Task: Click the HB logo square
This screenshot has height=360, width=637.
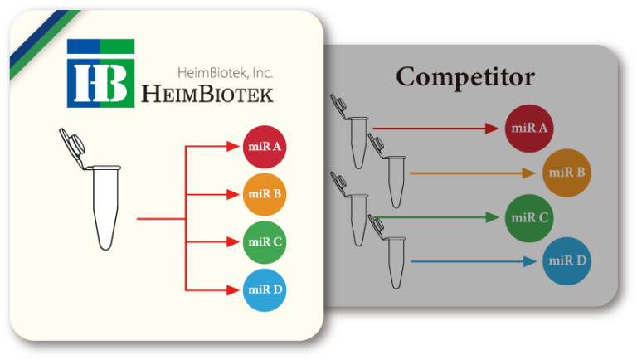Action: click(100, 73)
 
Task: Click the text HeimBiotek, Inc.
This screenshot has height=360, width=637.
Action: click(225, 73)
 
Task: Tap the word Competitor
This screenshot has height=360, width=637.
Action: click(465, 77)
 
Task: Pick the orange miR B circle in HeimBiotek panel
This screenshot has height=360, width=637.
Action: click(265, 195)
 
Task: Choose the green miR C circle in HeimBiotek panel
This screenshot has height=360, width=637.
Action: click(265, 242)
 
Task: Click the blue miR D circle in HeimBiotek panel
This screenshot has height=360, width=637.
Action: click(265, 289)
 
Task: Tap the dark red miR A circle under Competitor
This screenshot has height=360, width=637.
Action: click(528, 128)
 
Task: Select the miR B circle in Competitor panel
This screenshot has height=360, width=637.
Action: click(565, 173)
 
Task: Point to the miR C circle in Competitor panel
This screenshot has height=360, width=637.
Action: click(528, 218)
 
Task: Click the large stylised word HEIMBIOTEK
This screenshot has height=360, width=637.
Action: click(207, 94)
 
